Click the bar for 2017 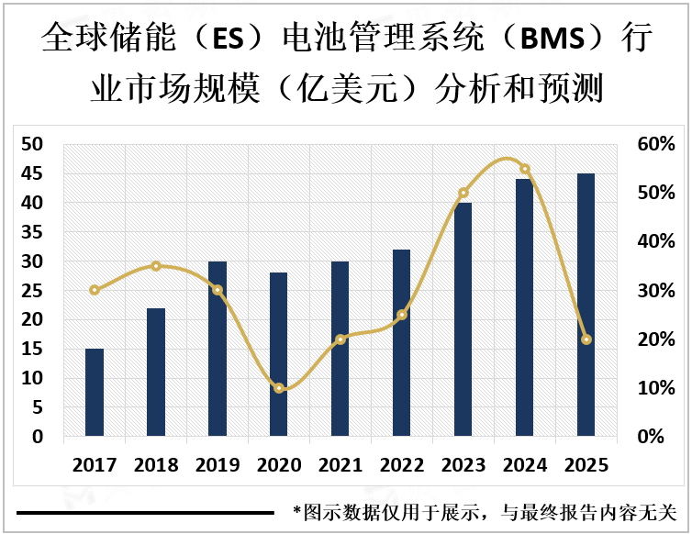(x=95, y=392)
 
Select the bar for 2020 (x=279, y=354)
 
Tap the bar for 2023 (x=463, y=319)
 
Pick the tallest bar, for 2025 (x=586, y=305)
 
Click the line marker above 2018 (x=156, y=266)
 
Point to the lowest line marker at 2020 (x=279, y=388)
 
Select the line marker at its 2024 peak (x=525, y=169)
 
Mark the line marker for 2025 (x=586, y=339)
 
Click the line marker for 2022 (x=402, y=315)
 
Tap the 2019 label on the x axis (x=218, y=465)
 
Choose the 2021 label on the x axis (x=340, y=465)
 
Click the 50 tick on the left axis (x=32, y=144)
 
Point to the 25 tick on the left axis (x=32, y=291)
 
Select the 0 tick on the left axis (x=38, y=438)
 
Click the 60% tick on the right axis (x=657, y=144)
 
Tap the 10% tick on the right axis (x=657, y=388)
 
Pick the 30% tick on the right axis (x=657, y=291)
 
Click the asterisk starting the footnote (x=296, y=510)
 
